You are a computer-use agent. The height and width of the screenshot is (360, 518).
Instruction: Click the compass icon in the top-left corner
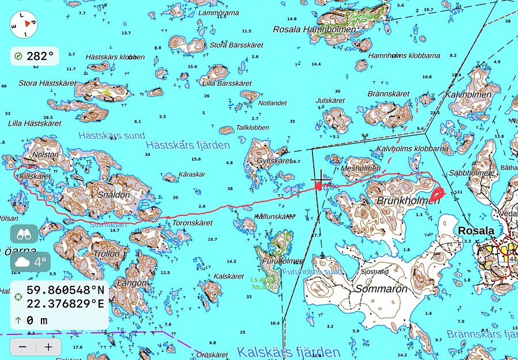tap(24, 24)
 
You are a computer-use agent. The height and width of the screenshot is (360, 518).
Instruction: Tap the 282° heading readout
tap(35, 56)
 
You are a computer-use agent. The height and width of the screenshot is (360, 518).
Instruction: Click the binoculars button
tap(24, 234)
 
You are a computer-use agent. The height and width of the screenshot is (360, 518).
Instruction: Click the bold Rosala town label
tap(476, 230)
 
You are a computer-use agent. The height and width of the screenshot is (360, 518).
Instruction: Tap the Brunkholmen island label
tap(401, 201)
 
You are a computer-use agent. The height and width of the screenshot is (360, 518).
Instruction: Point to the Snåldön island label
tap(114, 195)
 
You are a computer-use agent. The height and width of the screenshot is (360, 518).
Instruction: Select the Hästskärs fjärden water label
tap(188, 145)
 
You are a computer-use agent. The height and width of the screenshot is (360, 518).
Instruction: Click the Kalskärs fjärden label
tap(288, 351)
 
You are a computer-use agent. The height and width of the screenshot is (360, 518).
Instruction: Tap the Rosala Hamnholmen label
tap(311, 29)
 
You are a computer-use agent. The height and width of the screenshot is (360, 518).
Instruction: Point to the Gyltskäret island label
tap(275, 161)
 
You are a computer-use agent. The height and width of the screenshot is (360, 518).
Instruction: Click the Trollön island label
tap(106, 253)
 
